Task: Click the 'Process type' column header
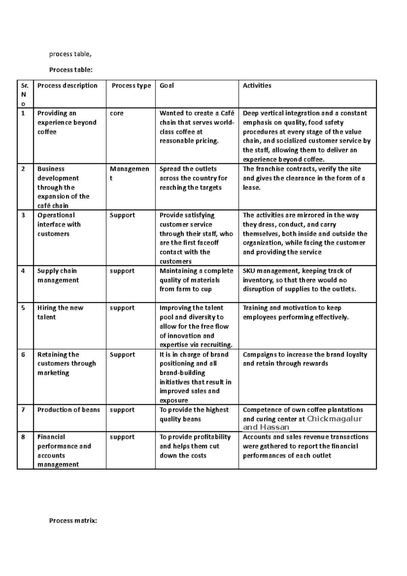coord(131,86)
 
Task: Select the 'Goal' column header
coord(167,86)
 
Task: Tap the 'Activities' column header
coord(257,86)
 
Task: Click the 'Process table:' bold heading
coord(71,70)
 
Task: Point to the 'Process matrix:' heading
coord(73,520)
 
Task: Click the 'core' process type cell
coord(117,113)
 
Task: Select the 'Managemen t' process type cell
coord(129,173)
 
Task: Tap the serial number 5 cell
coord(23,308)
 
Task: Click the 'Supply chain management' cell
coord(58,275)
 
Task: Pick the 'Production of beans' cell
coord(69,410)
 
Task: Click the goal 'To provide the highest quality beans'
coord(194,414)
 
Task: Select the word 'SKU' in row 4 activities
coord(249,271)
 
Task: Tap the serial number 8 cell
coord(23,437)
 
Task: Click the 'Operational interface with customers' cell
coord(59,224)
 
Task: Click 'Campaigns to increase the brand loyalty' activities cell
coord(305,359)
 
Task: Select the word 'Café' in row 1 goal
coord(227,113)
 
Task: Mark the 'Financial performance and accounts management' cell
coord(64,450)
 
